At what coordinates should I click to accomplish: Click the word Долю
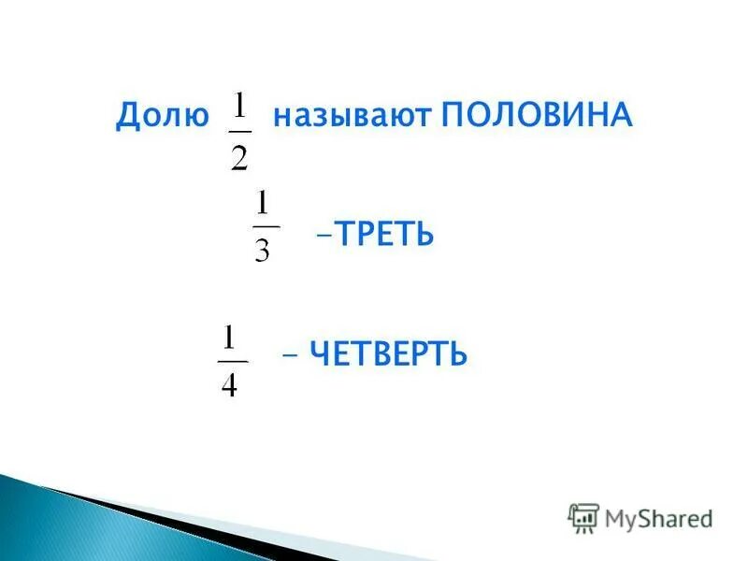162,117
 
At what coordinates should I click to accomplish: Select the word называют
352,117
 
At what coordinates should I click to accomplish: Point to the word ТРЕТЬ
385,234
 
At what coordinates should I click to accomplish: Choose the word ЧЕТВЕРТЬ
388,354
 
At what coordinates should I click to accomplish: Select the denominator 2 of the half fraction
239,156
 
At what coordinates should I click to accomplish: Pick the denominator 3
265,250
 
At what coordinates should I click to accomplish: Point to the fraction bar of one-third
266,227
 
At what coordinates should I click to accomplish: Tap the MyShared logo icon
583,518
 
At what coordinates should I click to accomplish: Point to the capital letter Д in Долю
127,117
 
